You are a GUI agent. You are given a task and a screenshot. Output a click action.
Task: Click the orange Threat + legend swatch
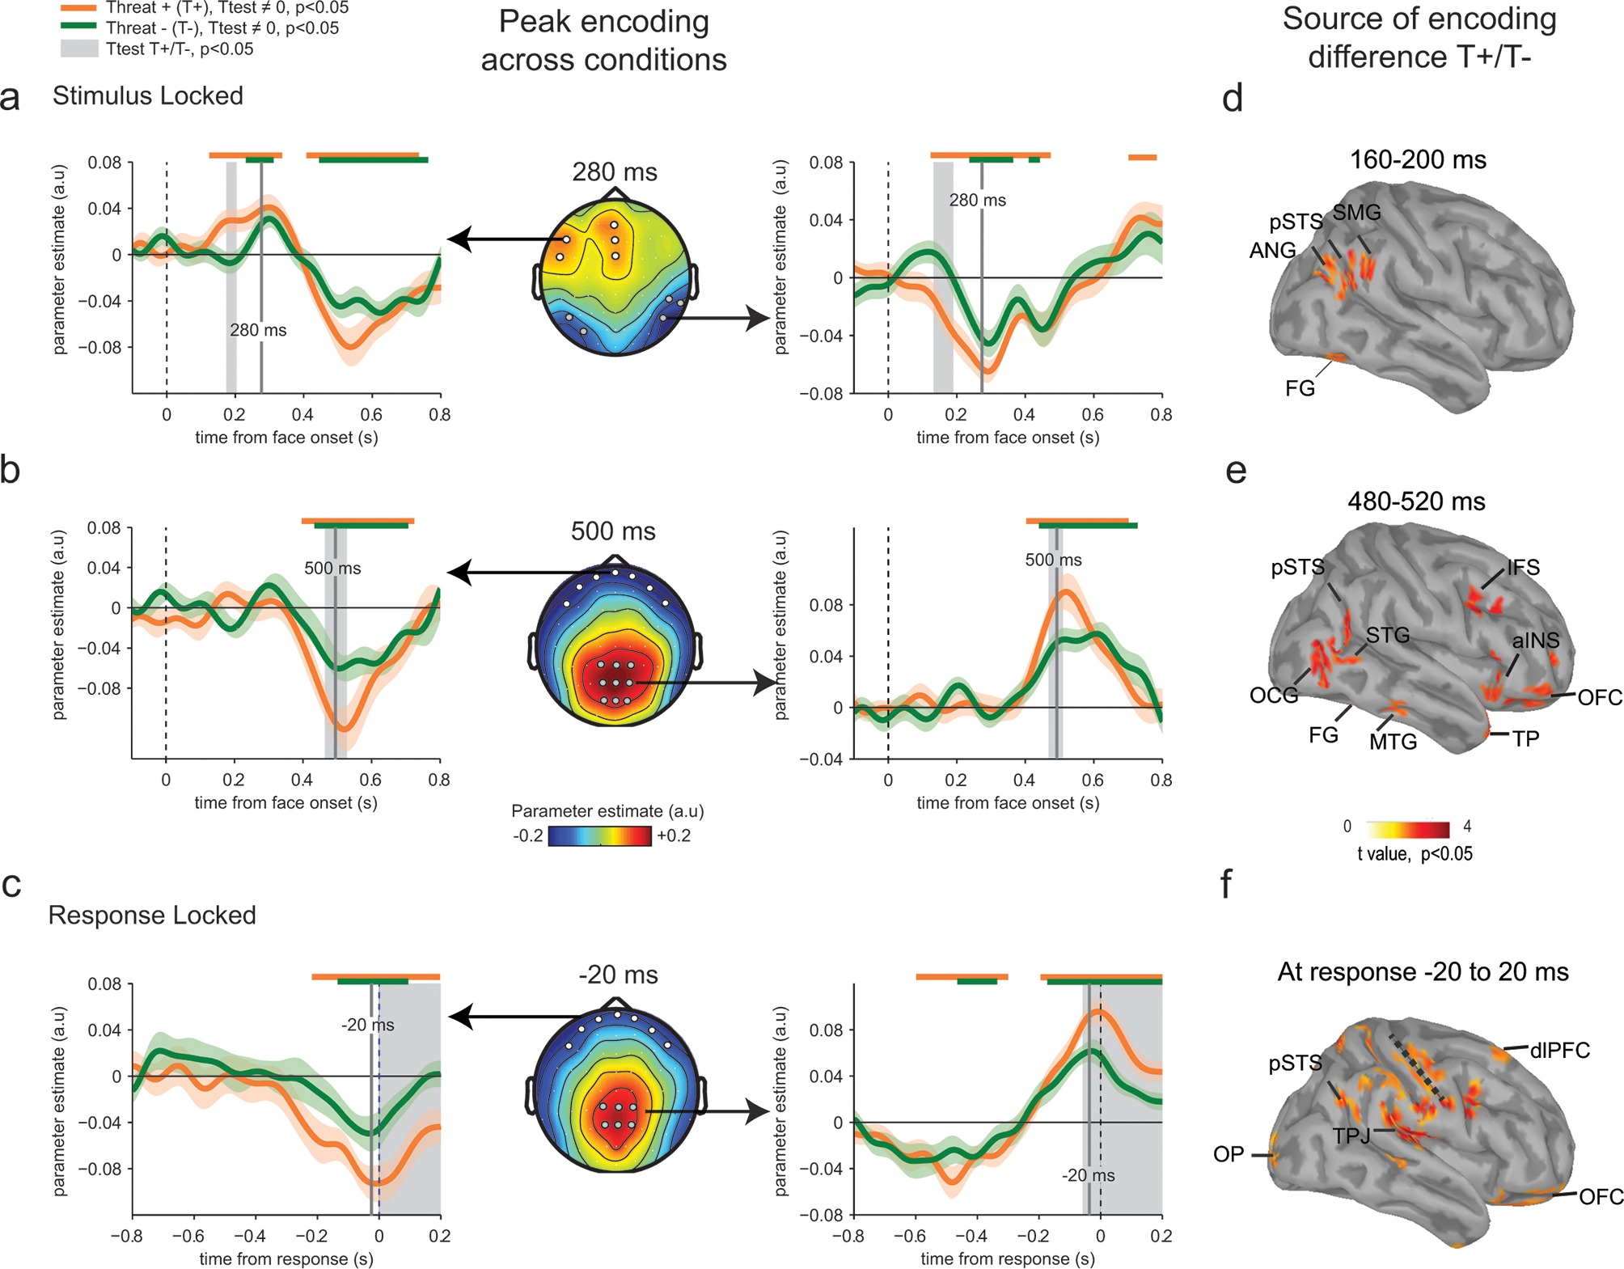pos(78,7)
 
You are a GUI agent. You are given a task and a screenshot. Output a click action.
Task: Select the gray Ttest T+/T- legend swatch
pos(78,49)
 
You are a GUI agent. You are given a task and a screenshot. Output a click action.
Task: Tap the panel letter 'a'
pos(11,97)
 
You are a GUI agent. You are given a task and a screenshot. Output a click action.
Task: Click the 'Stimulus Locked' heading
pos(147,95)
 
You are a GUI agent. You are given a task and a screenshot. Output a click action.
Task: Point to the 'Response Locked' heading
pos(152,915)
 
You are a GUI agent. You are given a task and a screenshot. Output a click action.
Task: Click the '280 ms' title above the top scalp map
pos(615,171)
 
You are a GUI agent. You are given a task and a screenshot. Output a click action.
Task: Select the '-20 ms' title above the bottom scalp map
pos(618,975)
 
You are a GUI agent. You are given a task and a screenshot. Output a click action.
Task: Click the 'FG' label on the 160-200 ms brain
pos(1300,389)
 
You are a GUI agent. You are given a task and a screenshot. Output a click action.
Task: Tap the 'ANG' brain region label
pos(1272,251)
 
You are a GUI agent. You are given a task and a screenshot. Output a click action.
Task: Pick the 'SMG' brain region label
pos(1356,213)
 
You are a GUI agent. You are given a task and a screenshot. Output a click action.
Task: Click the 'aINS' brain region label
pos(1535,641)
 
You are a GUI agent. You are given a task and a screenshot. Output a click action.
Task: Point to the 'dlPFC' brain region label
pos(1559,1050)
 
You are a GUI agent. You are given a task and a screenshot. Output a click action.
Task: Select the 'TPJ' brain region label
pos(1351,1136)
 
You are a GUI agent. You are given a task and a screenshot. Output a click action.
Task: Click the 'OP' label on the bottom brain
pos(1229,1154)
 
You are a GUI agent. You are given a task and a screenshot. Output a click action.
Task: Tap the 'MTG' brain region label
pos(1393,742)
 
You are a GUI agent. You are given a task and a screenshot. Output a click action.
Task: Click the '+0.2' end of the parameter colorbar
pos(674,835)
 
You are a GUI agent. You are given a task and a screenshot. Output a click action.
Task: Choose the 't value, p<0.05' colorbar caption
pos(1415,854)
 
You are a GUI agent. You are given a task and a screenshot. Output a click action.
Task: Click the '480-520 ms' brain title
pos(1416,501)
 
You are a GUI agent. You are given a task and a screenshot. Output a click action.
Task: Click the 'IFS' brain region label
pos(1523,567)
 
